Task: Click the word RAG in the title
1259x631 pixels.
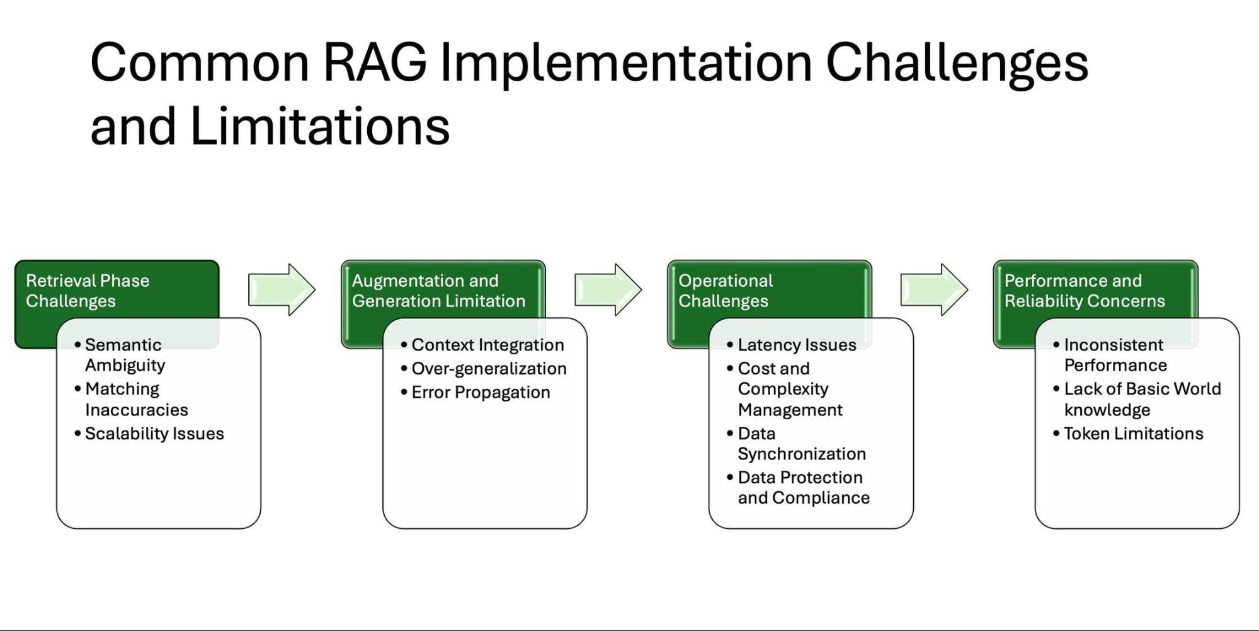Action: click(374, 63)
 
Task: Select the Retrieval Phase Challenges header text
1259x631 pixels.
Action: click(88, 291)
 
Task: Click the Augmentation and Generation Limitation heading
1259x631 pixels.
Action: click(438, 291)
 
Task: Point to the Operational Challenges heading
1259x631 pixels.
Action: click(725, 291)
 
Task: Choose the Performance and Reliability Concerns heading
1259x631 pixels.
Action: click(1084, 291)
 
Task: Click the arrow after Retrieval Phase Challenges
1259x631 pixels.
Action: click(282, 290)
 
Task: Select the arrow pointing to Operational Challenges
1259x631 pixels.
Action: click(608, 290)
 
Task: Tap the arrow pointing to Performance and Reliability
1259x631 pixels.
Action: click(934, 290)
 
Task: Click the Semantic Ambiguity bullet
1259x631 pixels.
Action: click(125, 355)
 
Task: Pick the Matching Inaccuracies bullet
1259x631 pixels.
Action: click(135, 399)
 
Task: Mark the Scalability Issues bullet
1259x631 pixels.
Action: click(154, 434)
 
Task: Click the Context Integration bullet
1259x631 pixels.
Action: click(487, 345)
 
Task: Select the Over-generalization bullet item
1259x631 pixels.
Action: click(489, 369)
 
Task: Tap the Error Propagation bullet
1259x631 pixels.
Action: click(481, 392)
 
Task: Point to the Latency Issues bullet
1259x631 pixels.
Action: click(797, 345)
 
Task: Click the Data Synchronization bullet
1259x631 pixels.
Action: click(801, 444)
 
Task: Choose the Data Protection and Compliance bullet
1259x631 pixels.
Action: click(803, 488)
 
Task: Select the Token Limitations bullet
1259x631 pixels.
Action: click(1133, 434)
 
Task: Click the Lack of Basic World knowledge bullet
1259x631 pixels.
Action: click(1141, 399)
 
